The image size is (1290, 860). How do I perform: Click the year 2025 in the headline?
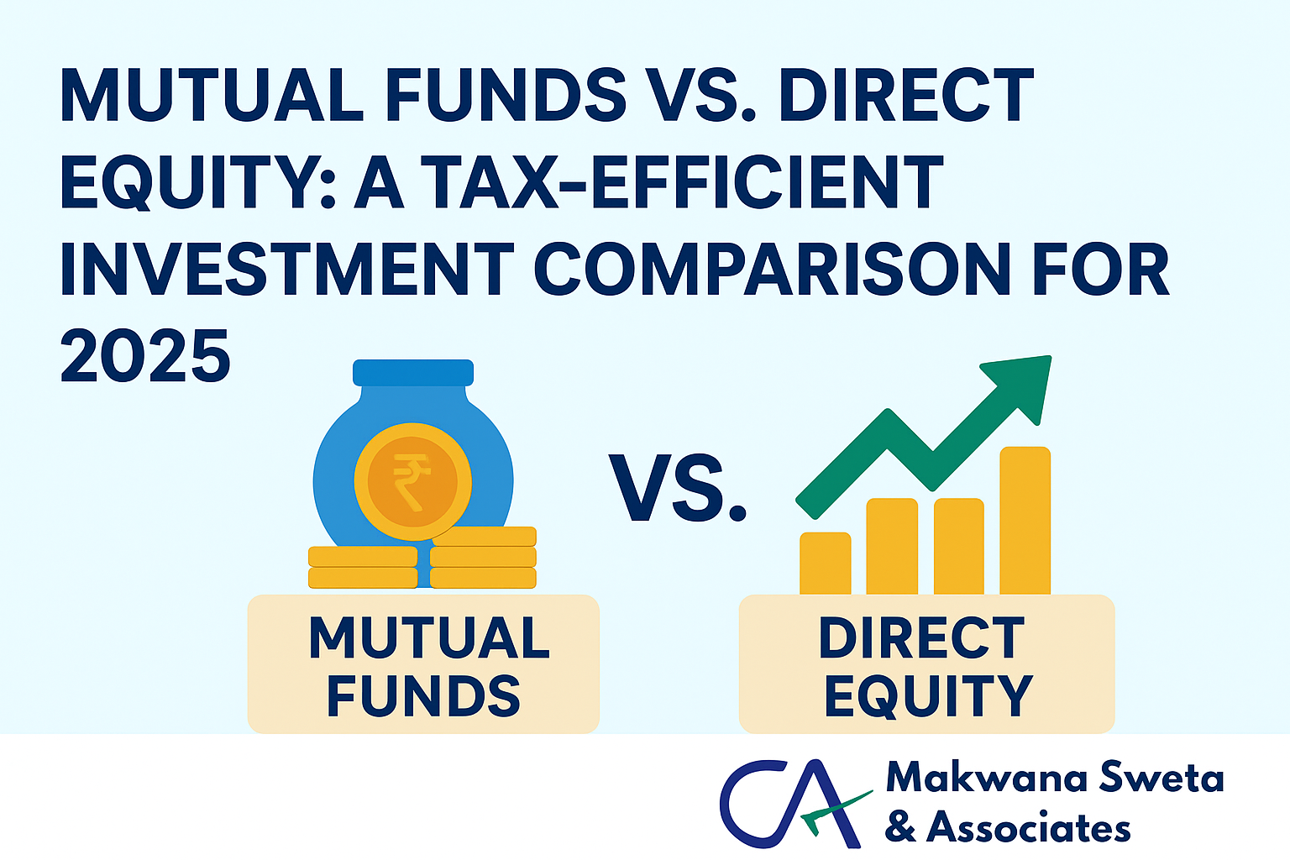(x=145, y=355)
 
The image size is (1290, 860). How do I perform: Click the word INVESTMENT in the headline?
(x=287, y=269)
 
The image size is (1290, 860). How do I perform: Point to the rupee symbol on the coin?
(x=412, y=482)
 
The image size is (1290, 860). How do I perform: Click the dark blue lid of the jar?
(x=413, y=373)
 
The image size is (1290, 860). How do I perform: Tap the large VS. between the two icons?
(x=678, y=488)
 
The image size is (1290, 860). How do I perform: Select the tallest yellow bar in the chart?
(x=1025, y=520)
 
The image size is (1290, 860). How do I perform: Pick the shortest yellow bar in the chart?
(x=826, y=563)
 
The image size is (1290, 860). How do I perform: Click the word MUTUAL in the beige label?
(x=429, y=637)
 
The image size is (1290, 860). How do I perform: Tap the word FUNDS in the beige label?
(x=424, y=695)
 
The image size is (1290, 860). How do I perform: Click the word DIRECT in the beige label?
(x=921, y=637)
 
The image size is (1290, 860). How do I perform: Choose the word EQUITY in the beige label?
(x=928, y=696)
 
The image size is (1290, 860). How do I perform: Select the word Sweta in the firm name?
(x=1162, y=777)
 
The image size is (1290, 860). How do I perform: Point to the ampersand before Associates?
(x=900, y=827)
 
